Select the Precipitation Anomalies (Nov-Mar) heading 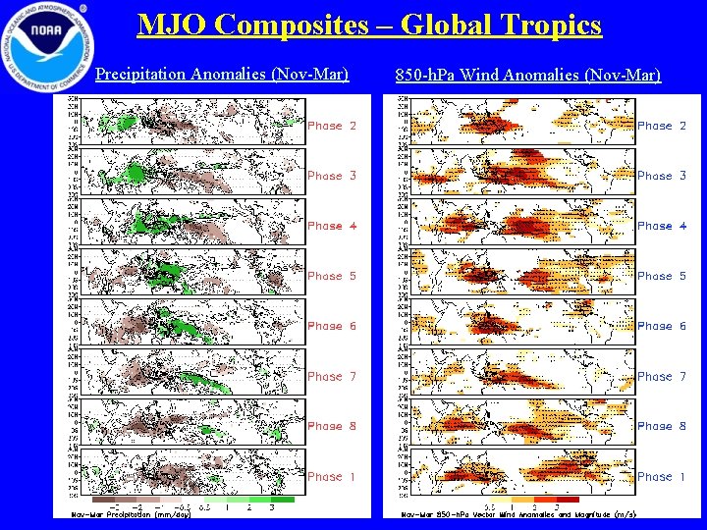pos(222,74)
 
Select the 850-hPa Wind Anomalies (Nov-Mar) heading pos(527,75)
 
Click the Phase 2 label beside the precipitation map pos(325,126)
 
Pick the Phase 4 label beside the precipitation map pos(325,226)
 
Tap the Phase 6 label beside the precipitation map pos(325,326)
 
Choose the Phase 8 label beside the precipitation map pos(325,426)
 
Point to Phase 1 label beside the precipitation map pos(325,476)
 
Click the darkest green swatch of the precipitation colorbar pos(282,500)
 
